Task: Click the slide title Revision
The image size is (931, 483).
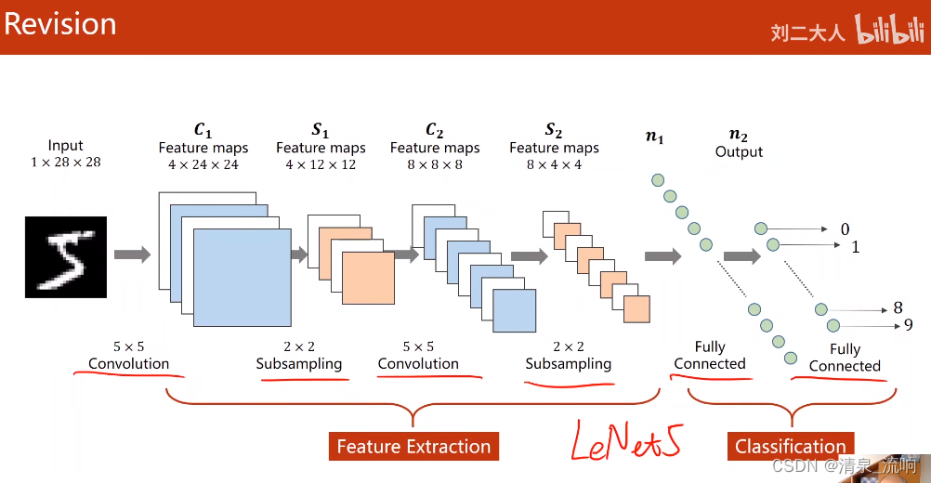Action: tap(60, 23)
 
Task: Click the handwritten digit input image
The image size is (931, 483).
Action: tap(66, 256)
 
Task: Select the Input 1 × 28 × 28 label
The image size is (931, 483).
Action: tap(65, 153)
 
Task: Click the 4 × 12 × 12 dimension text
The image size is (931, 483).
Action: tap(321, 164)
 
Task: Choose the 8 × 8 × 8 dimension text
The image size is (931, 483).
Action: tap(435, 164)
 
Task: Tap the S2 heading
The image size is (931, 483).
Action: tap(554, 131)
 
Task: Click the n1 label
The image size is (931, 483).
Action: tap(655, 137)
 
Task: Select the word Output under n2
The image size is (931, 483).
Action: tap(739, 151)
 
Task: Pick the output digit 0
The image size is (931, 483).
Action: tap(845, 229)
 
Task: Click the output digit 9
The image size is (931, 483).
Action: tap(908, 325)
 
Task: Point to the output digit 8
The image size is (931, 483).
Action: tap(898, 307)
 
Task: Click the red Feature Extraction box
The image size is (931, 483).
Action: tap(413, 447)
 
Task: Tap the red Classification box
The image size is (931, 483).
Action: tap(790, 447)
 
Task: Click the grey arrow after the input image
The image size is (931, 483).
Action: tap(132, 255)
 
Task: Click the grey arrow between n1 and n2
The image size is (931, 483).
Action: tap(741, 256)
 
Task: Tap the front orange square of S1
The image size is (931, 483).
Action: tap(368, 279)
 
